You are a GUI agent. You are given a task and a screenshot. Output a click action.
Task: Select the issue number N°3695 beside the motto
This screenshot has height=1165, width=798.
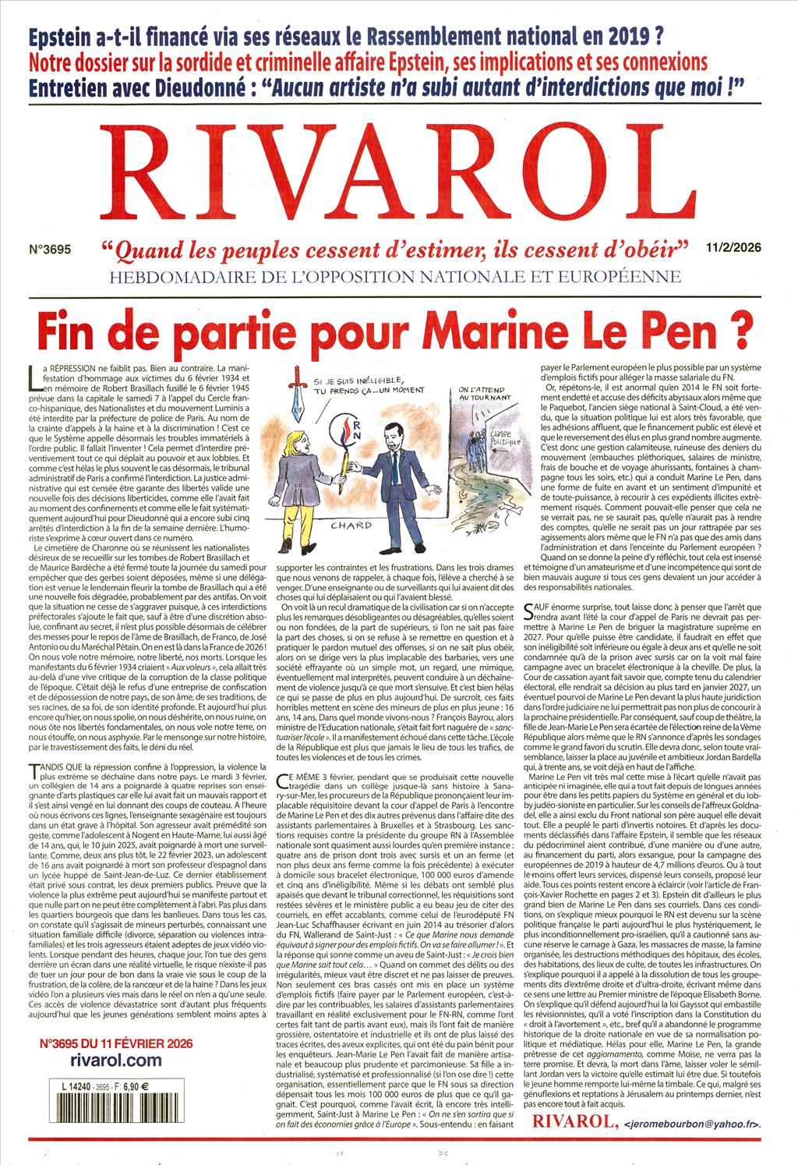(49, 251)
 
